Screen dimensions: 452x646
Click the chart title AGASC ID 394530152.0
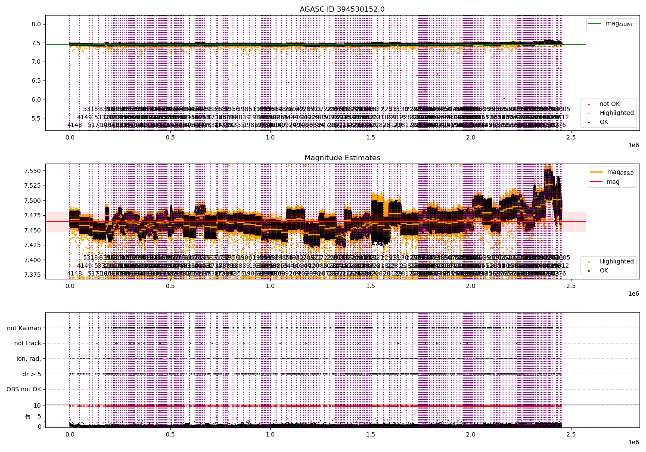(x=342, y=9)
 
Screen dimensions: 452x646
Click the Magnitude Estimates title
(x=342, y=158)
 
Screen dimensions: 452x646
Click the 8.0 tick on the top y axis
(x=36, y=24)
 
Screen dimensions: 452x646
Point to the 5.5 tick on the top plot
(x=36, y=118)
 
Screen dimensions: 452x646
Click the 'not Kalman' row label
(x=24, y=328)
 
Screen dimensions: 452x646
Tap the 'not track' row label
(x=28, y=343)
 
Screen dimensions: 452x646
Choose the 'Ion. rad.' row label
(x=29, y=359)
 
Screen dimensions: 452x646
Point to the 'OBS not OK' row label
(x=24, y=390)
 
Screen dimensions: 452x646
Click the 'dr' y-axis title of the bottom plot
(x=28, y=416)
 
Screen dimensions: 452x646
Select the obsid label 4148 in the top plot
(x=75, y=125)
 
